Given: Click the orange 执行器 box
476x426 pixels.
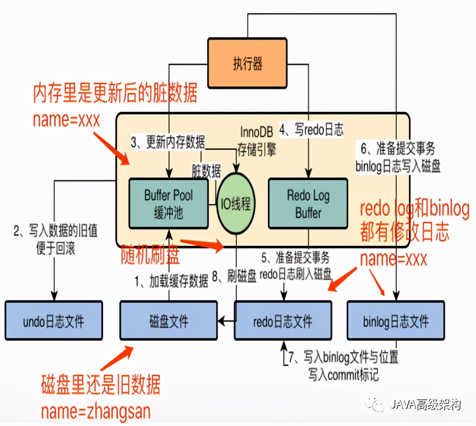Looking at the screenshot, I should click(x=247, y=64).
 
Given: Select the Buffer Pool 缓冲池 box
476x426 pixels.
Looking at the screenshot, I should click(x=168, y=203).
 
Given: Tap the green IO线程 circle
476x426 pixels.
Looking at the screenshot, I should click(x=236, y=203).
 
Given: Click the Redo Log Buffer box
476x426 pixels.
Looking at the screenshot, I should click(x=308, y=203).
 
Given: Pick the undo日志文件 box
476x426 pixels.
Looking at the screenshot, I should click(x=54, y=321).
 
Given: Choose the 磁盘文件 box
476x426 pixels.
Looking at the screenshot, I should click(x=168, y=321).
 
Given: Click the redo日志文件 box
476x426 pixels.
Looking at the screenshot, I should click(x=283, y=321).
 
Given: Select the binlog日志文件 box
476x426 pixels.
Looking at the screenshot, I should click(x=396, y=321).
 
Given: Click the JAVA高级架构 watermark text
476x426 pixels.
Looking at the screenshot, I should click(x=425, y=405).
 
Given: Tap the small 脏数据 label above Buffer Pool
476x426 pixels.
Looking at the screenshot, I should click(x=206, y=171).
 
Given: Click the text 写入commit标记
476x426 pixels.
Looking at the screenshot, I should click(x=344, y=374).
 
